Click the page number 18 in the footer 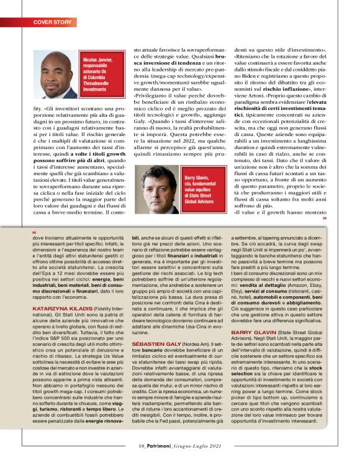pos(142,446)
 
